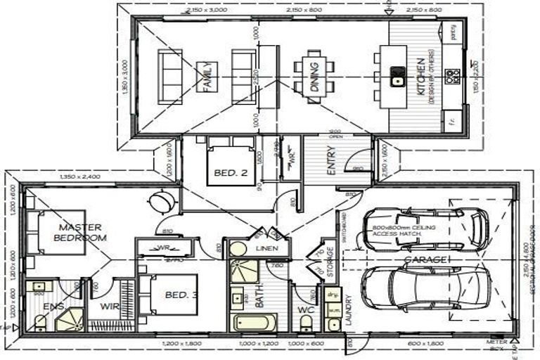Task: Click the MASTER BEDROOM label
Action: click(81, 233)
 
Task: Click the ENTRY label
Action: click(330, 161)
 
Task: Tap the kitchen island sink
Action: click(398, 76)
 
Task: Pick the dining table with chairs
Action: click(312, 76)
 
